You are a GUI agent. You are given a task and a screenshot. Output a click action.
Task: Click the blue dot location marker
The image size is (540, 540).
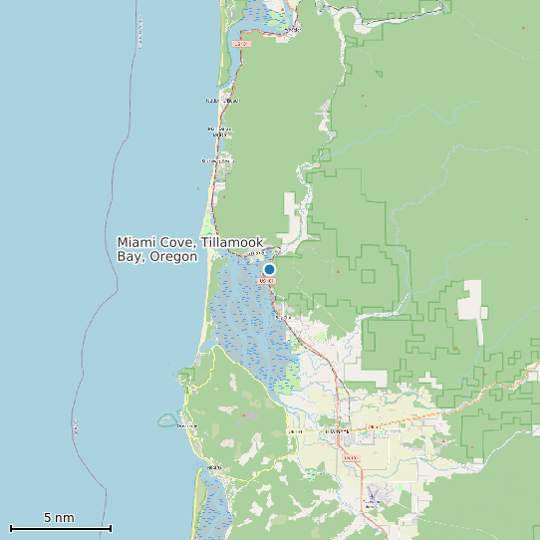point(269,269)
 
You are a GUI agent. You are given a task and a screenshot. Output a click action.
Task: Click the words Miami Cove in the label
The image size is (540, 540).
point(155,243)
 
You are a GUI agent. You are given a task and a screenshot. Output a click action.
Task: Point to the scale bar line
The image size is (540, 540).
point(60,528)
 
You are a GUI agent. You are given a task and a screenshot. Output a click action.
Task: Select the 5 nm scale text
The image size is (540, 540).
point(59,518)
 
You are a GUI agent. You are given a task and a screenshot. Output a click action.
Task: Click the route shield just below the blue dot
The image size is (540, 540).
point(265,281)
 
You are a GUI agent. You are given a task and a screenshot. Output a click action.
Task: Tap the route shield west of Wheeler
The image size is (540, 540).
point(241,44)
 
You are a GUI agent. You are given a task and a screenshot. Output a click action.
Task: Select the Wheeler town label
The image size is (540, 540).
point(292,30)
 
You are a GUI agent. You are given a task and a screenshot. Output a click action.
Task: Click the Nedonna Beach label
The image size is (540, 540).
point(222,101)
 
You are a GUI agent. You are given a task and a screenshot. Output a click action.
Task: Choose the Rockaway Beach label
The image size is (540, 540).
point(216,160)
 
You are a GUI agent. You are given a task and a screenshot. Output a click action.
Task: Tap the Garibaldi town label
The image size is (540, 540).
point(253,253)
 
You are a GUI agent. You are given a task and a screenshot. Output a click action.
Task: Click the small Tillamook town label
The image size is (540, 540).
point(337,430)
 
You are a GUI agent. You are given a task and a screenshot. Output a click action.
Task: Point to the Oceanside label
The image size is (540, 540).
point(187,426)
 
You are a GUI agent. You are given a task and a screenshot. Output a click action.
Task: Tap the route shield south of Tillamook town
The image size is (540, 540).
point(350,457)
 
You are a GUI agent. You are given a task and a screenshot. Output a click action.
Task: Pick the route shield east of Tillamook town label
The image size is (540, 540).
point(373,427)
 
